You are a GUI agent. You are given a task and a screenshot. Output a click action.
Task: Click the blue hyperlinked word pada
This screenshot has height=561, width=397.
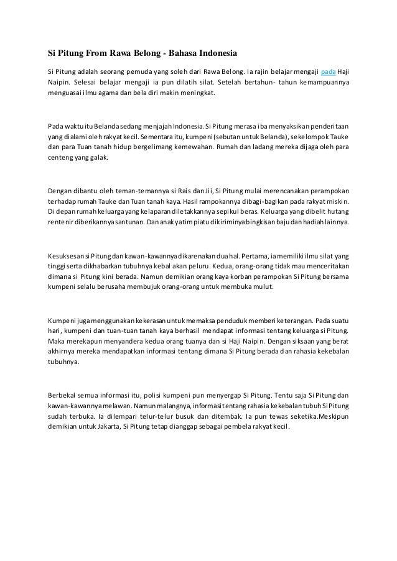327,69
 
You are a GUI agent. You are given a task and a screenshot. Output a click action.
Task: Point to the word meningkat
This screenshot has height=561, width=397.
197,92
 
